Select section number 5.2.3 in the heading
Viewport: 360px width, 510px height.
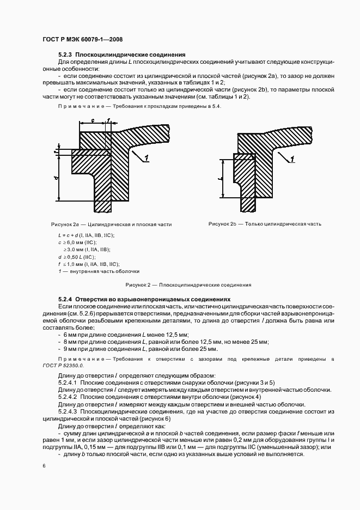coord(64,55)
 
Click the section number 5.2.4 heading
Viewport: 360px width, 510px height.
coord(64,299)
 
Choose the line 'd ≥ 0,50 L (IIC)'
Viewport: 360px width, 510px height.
coord(76,256)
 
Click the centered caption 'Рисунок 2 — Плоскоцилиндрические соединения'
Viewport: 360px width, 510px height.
coord(188,284)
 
